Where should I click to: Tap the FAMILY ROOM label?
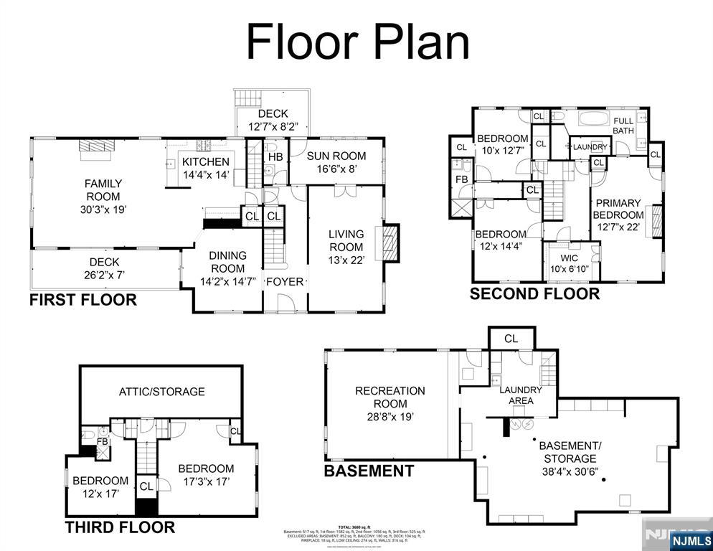(x=103, y=190)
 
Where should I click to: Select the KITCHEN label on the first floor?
(x=205, y=162)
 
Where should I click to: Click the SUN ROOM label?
(x=336, y=156)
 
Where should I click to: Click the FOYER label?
(x=285, y=281)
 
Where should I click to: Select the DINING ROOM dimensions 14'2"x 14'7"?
(x=227, y=281)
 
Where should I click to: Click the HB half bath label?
(x=275, y=156)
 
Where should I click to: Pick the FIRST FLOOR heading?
(x=82, y=300)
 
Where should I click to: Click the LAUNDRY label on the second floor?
(x=590, y=147)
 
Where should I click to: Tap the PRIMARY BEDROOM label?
(x=618, y=209)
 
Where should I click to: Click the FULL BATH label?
(x=623, y=126)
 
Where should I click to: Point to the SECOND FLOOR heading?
(x=534, y=293)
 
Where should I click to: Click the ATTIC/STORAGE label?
(x=161, y=391)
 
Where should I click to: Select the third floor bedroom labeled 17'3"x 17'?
(x=206, y=474)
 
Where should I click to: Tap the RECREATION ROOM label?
(x=390, y=397)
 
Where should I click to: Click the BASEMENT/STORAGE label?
(x=570, y=451)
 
